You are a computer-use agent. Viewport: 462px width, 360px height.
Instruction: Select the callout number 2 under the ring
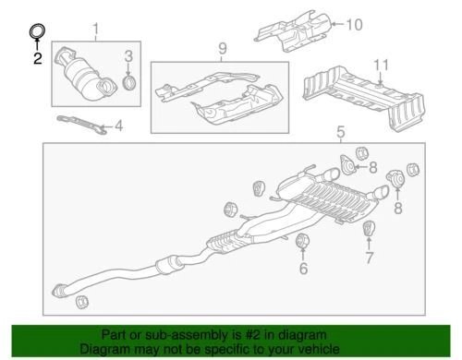[37, 59]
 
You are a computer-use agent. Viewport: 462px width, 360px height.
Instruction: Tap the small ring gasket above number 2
[37, 33]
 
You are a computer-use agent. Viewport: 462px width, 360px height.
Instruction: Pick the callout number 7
[368, 255]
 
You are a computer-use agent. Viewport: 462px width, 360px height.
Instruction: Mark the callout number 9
[221, 48]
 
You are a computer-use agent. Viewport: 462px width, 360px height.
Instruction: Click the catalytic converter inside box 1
[85, 78]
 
